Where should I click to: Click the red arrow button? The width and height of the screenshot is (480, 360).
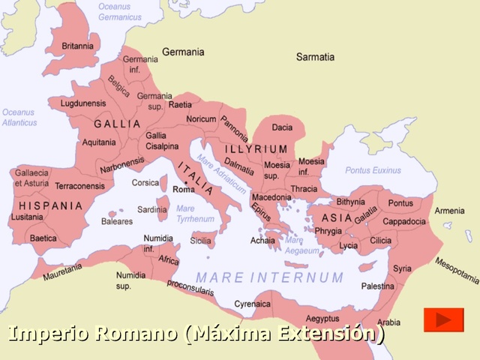(x=443, y=319)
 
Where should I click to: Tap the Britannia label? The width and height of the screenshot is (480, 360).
(x=77, y=46)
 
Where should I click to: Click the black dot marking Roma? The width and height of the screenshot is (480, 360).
(x=184, y=182)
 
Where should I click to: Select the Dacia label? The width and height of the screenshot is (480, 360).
(x=282, y=127)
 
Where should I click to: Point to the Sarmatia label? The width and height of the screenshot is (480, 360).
(x=315, y=56)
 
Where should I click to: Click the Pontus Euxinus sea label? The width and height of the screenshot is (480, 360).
(x=373, y=170)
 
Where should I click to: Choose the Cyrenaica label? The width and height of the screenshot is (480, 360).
(x=252, y=304)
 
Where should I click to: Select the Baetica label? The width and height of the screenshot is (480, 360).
(x=43, y=238)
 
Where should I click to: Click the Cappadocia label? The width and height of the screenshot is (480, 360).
(x=404, y=221)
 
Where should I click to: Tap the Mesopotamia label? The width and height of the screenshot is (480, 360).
(x=457, y=271)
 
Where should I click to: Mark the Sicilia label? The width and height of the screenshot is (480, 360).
(x=200, y=241)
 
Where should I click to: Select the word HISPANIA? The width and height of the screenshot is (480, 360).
(x=50, y=205)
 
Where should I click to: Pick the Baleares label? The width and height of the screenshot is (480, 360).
(x=116, y=221)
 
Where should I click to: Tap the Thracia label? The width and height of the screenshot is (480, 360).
(x=304, y=188)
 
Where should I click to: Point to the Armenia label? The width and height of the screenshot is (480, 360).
(x=449, y=211)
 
